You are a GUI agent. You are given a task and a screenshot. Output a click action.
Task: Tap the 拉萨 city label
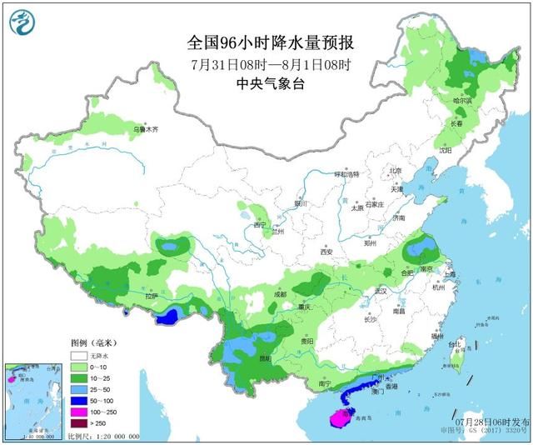tap(151, 296)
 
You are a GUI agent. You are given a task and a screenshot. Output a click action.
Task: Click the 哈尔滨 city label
tap(461, 101)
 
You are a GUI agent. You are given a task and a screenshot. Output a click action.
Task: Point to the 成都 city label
tap(278, 294)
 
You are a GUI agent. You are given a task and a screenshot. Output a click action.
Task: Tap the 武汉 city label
tap(382, 291)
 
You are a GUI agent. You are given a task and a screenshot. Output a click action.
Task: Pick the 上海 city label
tap(450, 273)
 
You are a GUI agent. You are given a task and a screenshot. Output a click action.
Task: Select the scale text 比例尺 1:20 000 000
tap(103, 436)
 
